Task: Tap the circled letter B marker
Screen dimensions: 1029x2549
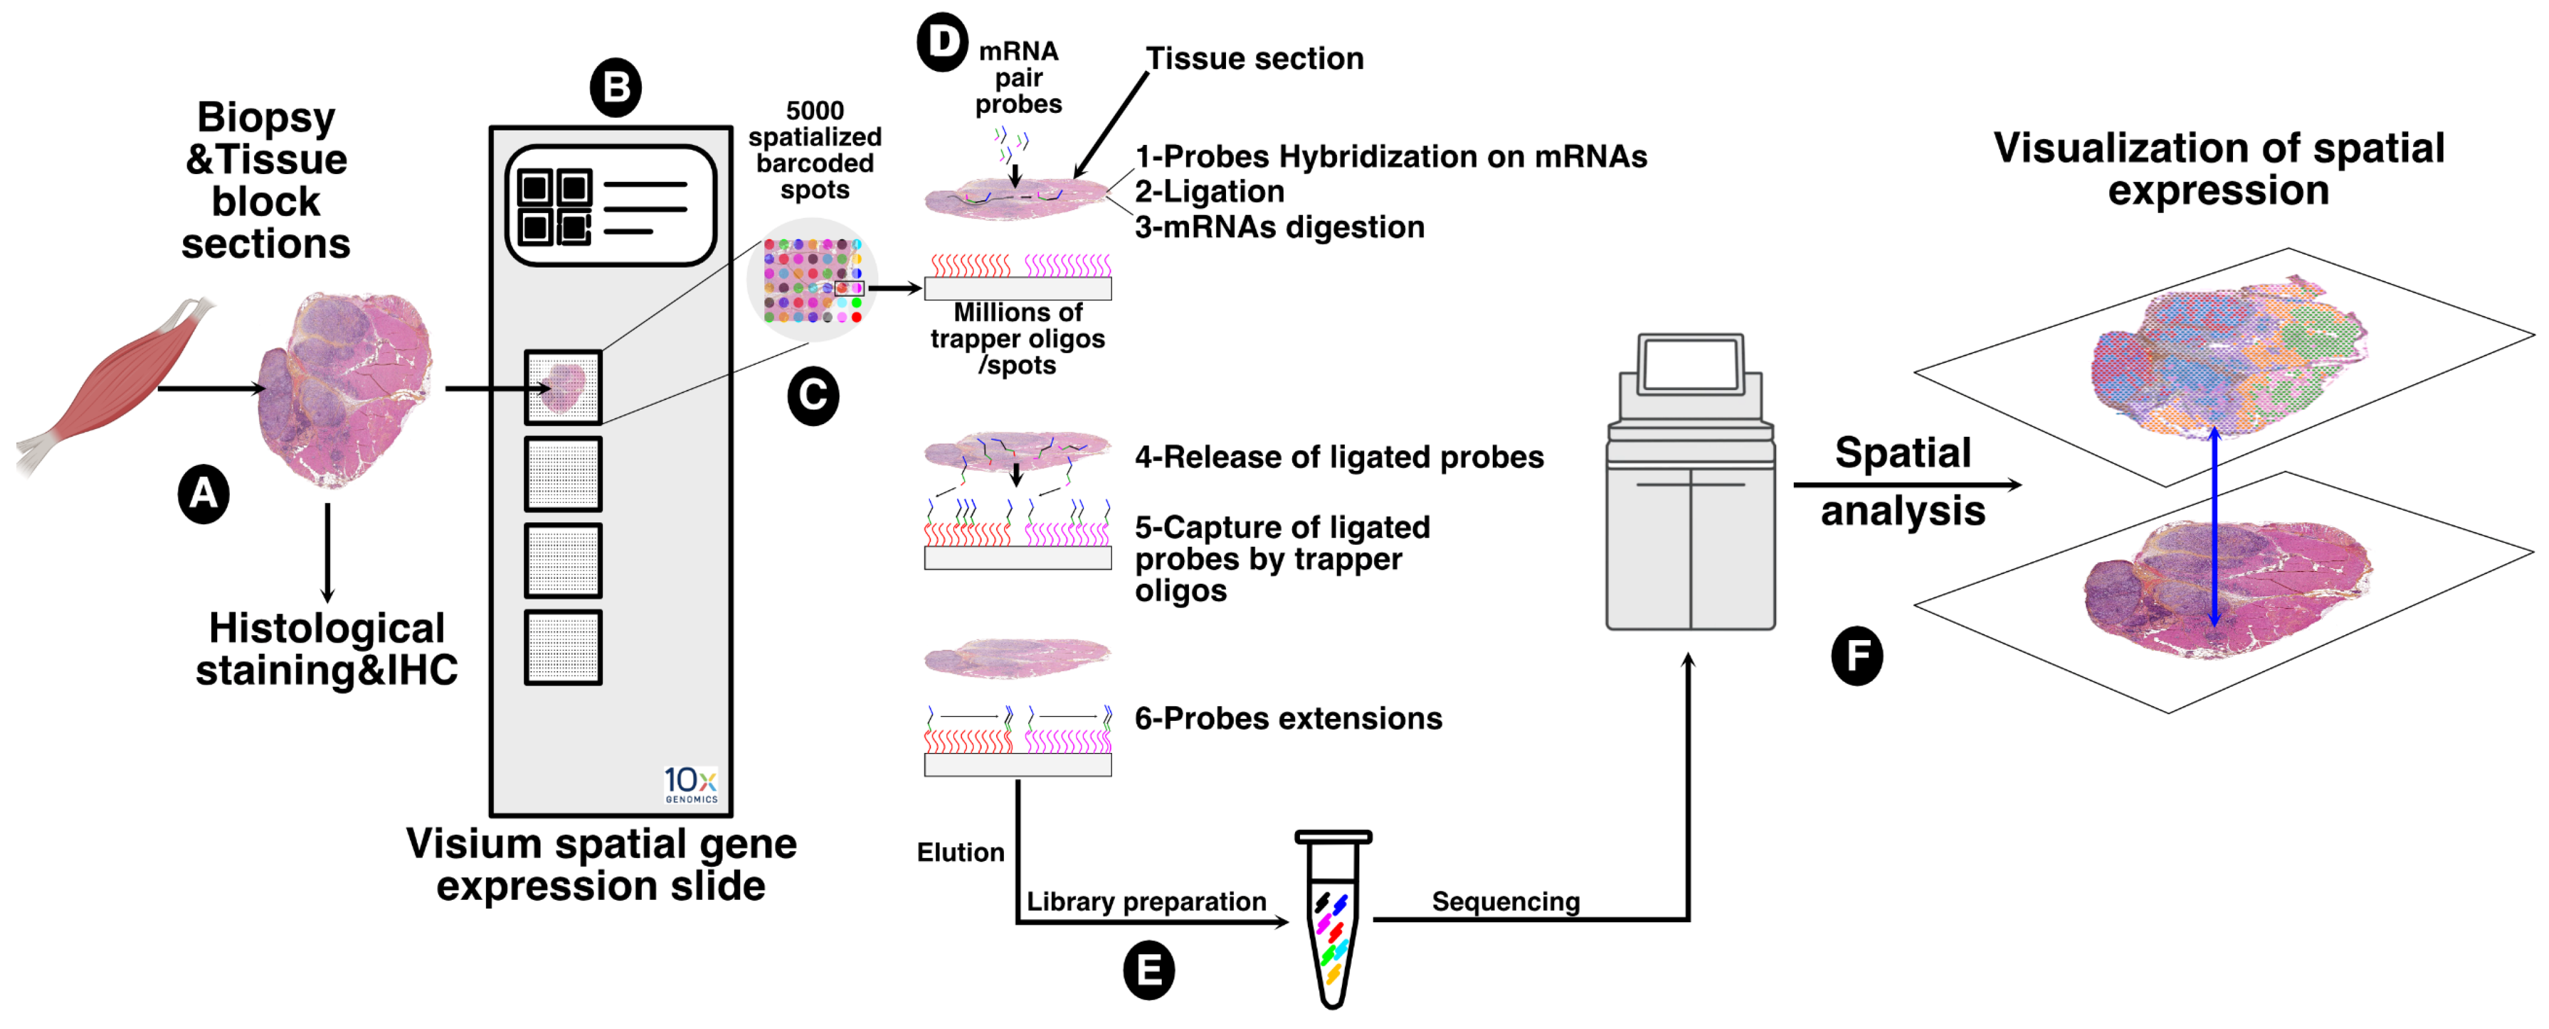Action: (616, 88)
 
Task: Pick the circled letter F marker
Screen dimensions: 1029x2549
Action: (1856, 656)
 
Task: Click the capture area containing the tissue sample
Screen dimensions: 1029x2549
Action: (563, 387)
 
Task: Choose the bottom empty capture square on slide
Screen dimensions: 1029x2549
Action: (563, 648)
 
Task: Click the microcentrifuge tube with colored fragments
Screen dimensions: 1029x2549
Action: (1332, 920)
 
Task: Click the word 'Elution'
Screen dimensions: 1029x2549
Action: (960, 853)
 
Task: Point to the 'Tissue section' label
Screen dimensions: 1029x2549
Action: (1254, 59)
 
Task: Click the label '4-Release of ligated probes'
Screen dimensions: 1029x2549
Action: (1339, 457)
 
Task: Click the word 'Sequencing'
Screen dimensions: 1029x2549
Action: (1505, 902)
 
